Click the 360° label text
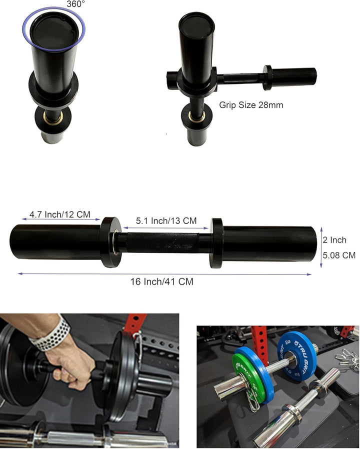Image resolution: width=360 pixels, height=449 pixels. pyautogui.click(x=75, y=3)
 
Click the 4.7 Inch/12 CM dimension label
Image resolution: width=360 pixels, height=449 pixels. pyautogui.click(x=59, y=214)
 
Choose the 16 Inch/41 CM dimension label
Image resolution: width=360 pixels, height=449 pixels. pyautogui.click(x=161, y=282)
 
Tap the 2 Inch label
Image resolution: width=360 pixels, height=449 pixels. pyautogui.click(x=334, y=240)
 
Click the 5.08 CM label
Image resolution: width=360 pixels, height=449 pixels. pyautogui.click(x=338, y=255)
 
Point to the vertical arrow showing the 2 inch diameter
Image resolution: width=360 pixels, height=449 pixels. pyautogui.click(x=321, y=243)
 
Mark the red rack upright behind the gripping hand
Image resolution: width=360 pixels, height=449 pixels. pyautogui.click(x=135, y=325)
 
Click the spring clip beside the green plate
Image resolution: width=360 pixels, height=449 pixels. pyautogui.click(x=252, y=400)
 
